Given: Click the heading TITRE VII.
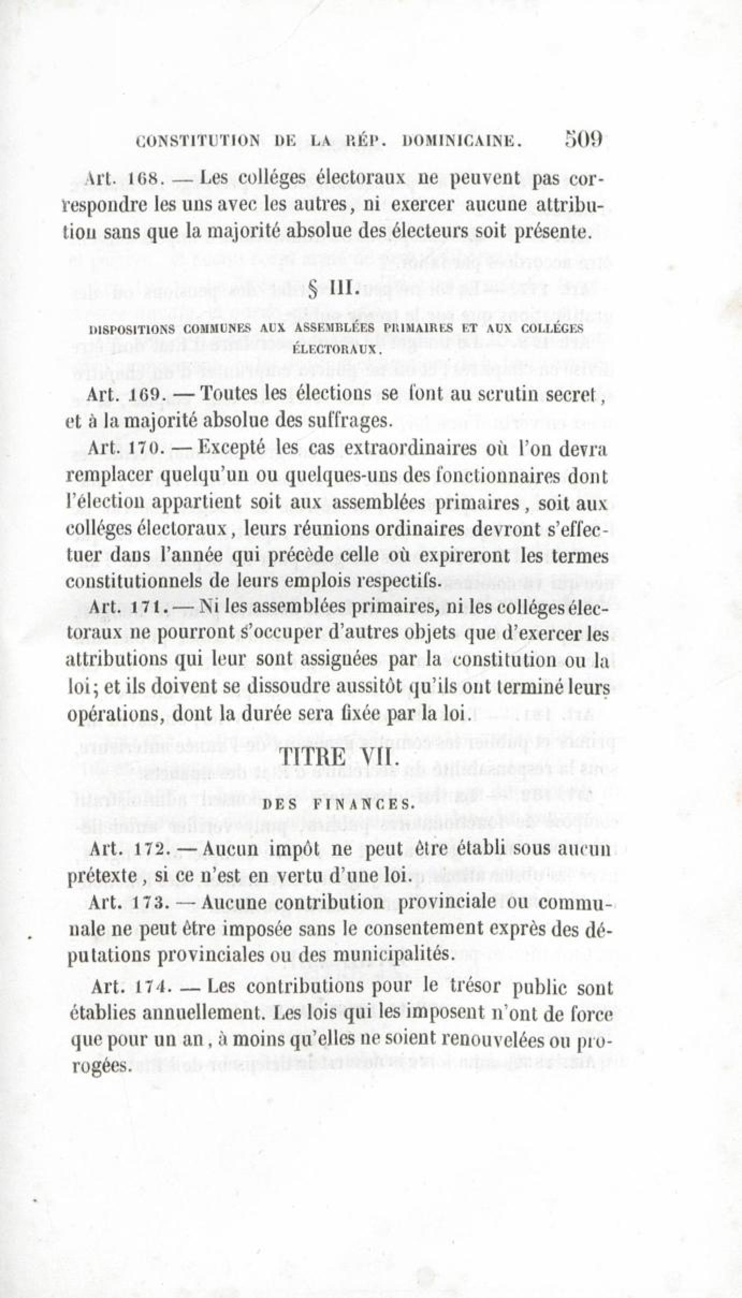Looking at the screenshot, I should click(339, 759).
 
